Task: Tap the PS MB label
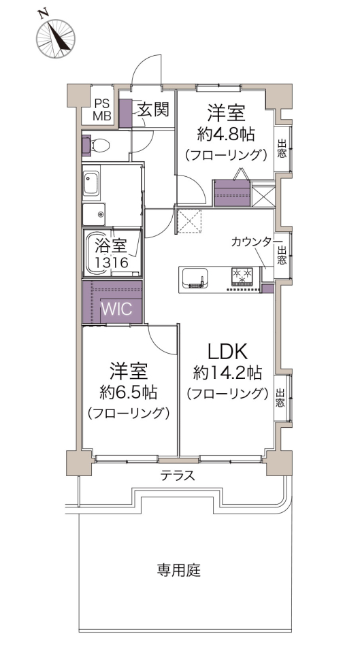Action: [x=101, y=110]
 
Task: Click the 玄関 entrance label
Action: [x=153, y=110]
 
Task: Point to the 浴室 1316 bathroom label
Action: [x=111, y=254]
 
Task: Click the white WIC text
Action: [x=117, y=309]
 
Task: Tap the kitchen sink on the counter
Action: [x=194, y=279]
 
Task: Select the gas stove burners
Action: [x=242, y=275]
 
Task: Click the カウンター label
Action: [x=256, y=241]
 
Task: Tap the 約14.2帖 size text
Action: [x=227, y=373]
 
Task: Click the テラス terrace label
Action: [x=178, y=475]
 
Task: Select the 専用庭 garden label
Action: [x=179, y=570]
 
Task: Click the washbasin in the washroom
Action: [x=91, y=184]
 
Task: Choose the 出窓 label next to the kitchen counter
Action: [x=282, y=256]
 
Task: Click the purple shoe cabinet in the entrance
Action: [x=125, y=114]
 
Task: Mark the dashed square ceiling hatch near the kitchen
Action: [x=190, y=220]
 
